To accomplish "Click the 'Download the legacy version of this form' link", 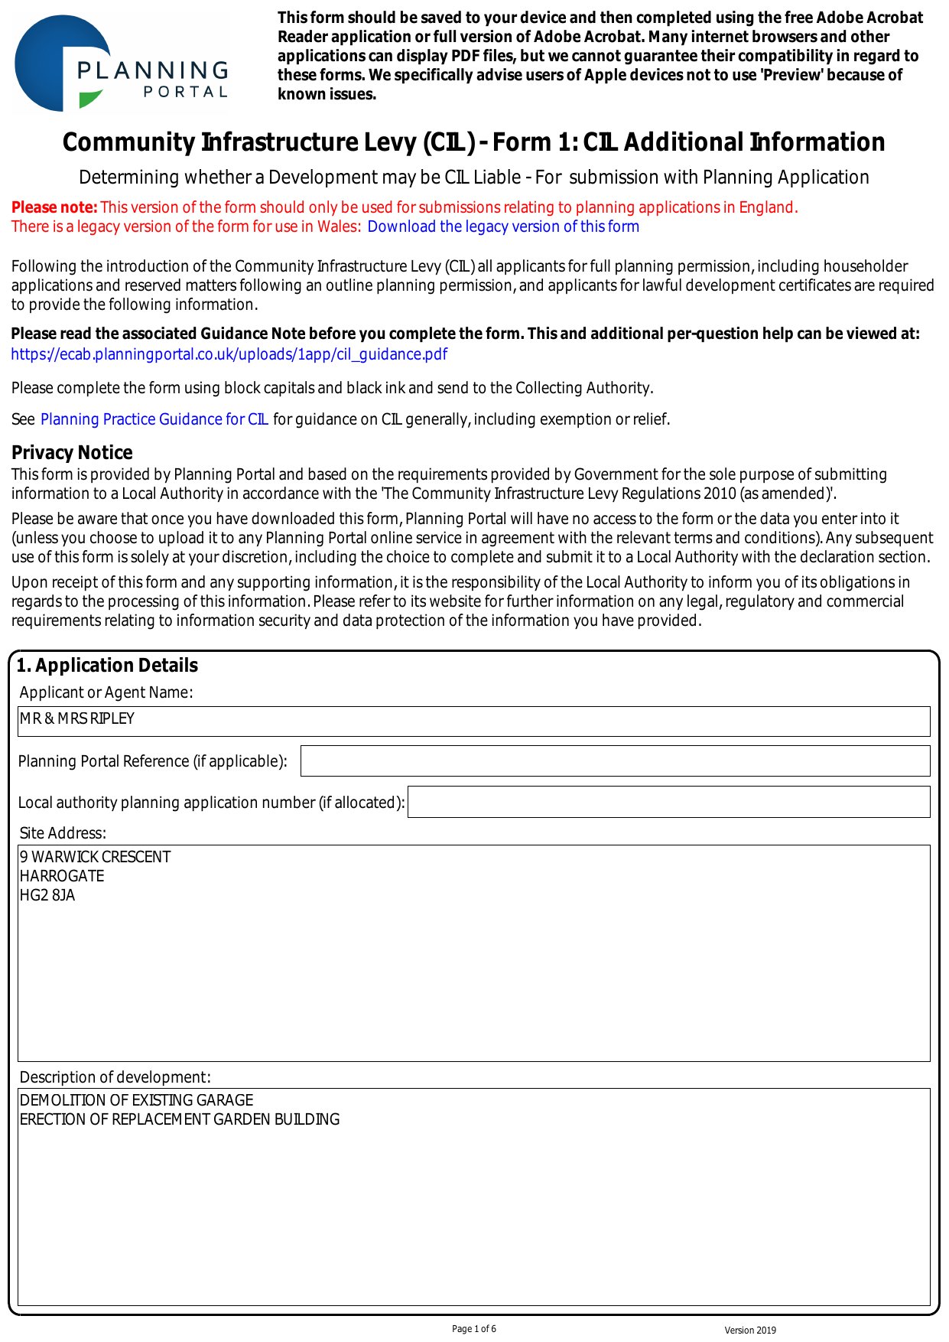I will coord(503,226).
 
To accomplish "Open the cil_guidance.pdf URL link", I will coord(229,354).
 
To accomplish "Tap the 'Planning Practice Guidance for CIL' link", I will coord(154,419).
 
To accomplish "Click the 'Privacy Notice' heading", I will coord(72,452).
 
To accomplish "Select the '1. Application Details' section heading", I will coord(107,665).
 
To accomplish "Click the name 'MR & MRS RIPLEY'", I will coord(77,718).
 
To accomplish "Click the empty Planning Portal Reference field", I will coord(615,761).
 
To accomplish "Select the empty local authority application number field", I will coord(668,802).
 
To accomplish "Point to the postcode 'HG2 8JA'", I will coord(47,895).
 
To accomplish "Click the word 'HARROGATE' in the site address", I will coord(62,876).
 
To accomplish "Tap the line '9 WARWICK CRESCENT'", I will coord(96,857).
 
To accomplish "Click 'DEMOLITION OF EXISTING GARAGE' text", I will coord(137,1100).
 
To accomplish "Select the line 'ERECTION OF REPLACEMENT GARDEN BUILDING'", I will coord(180,1119).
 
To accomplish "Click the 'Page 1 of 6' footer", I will coord(474,1329).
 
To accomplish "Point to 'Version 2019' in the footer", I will coord(750,1331).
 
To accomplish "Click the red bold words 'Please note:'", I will coord(54,207).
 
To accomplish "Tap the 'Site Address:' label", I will coord(63,833).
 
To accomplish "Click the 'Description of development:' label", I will coord(115,1077).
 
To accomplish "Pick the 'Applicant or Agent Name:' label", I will coord(106,692).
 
